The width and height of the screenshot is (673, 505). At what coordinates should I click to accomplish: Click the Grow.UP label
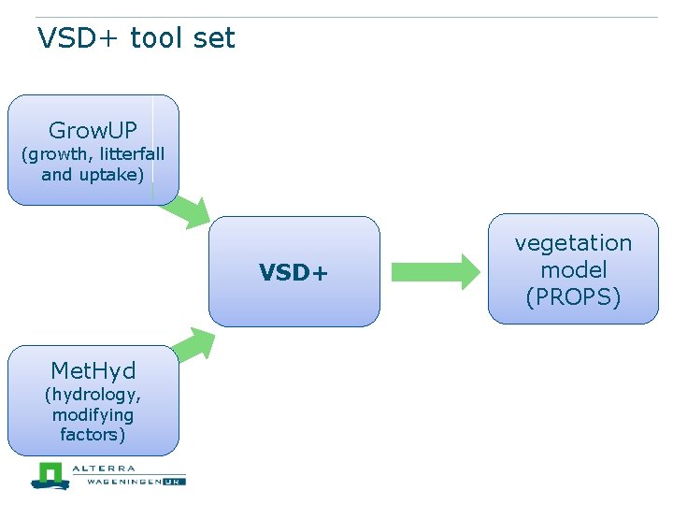click(93, 130)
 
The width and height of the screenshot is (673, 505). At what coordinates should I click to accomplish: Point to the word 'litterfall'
click(126, 154)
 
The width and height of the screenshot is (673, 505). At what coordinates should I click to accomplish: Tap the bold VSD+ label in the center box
click(294, 272)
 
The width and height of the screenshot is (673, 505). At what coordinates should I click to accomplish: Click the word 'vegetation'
click(573, 243)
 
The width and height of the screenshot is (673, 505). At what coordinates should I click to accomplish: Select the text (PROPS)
click(573, 297)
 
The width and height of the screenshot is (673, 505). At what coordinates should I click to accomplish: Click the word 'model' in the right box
click(573, 270)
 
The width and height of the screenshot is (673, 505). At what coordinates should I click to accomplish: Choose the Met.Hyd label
click(93, 371)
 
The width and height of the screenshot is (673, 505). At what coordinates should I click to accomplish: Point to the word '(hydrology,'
click(93, 395)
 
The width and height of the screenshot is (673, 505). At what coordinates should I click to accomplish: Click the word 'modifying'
click(93, 414)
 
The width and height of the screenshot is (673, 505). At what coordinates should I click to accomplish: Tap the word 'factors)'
click(93, 434)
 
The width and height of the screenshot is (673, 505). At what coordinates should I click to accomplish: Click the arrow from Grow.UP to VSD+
click(187, 211)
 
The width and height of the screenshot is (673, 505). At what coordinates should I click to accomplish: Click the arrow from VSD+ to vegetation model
click(435, 271)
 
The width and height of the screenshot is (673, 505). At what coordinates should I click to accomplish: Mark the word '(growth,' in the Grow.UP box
click(53, 154)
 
